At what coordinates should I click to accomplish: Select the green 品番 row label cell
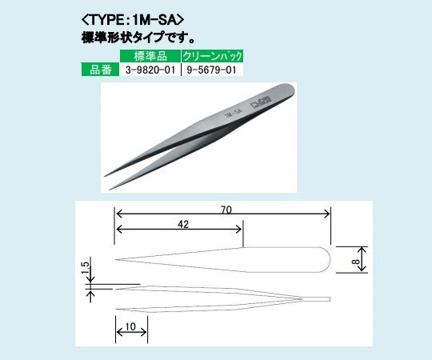[100, 70]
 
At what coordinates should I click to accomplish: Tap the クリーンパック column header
[212, 56]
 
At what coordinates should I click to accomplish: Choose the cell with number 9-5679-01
[212, 70]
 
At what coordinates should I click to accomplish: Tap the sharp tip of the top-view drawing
[118, 259]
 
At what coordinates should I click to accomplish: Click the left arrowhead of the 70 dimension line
[118, 213]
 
